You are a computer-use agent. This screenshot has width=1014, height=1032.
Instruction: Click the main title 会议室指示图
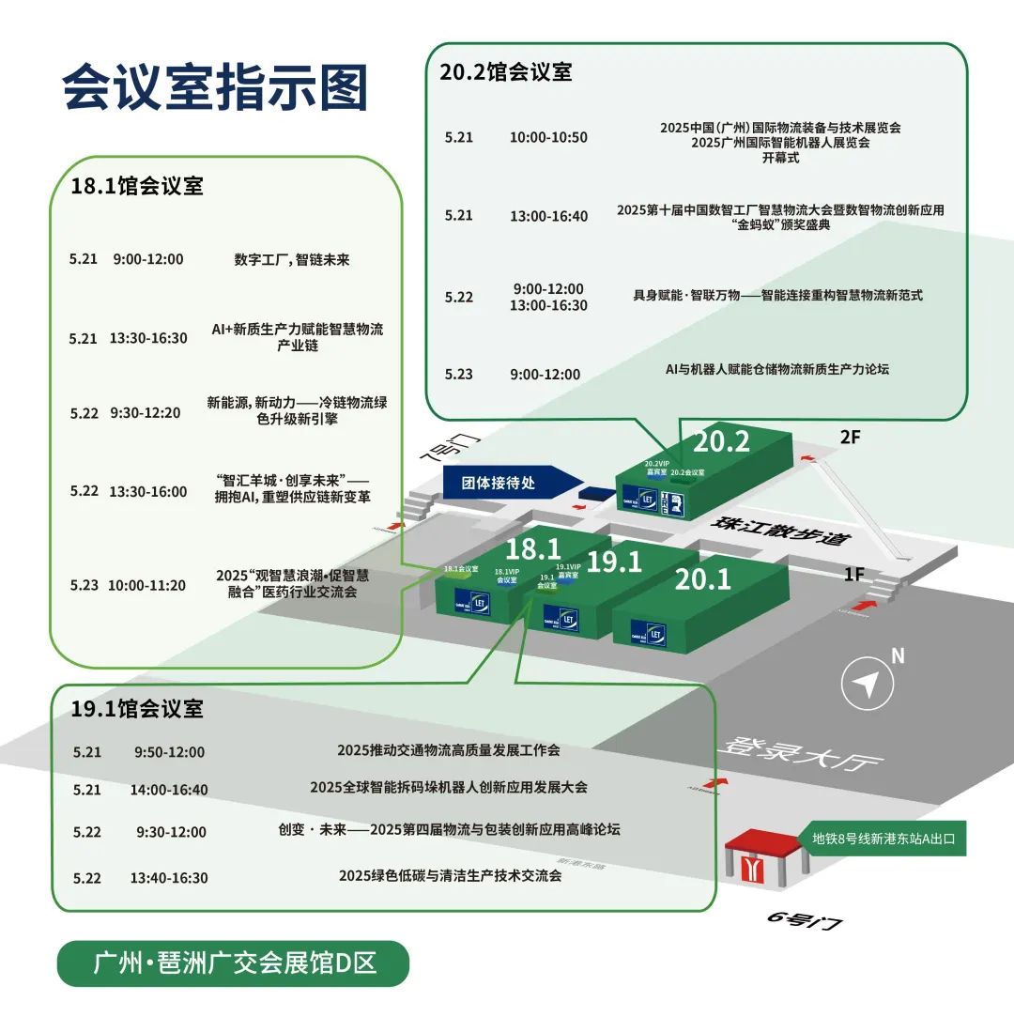point(215,89)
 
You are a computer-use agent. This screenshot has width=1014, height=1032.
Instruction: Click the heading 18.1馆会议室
point(137,186)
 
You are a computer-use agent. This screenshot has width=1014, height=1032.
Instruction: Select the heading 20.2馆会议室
point(506,72)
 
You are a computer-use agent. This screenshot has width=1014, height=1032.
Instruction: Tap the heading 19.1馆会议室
point(137,709)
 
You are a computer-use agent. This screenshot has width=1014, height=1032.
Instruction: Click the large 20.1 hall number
point(703,579)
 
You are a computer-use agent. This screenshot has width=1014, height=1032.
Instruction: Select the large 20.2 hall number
point(721,440)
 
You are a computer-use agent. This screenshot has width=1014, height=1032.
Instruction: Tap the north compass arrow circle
point(865,685)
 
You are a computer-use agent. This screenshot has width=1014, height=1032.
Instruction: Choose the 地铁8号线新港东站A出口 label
point(883,839)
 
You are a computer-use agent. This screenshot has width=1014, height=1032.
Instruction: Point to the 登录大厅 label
point(803,751)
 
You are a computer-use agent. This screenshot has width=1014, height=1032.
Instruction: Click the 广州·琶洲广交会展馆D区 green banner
point(234,963)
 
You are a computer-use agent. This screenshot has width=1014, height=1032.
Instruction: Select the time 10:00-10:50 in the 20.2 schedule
point(548,137)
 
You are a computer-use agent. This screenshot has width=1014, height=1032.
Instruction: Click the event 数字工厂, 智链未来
point(292,260)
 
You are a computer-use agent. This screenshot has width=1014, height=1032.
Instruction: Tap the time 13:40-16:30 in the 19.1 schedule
point(169,878)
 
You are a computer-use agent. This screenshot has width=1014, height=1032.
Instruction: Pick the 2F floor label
point(850,435)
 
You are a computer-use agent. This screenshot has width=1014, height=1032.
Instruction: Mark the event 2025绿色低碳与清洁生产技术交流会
point(450,875)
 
